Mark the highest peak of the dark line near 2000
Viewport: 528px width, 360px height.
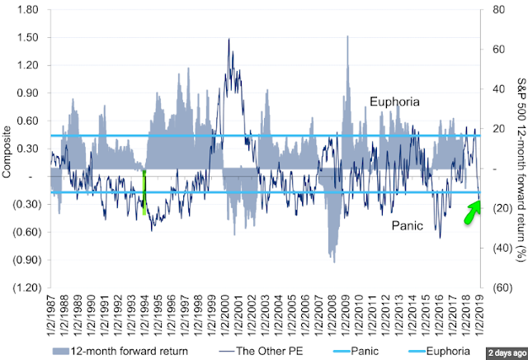point(229,40)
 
